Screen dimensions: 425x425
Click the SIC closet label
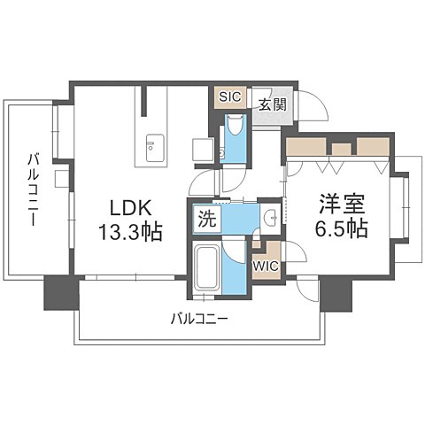228,97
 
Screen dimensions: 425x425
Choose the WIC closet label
265,264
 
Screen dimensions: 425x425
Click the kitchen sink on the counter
151,143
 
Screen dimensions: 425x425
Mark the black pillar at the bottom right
336,293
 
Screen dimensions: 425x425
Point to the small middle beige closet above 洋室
342,146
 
